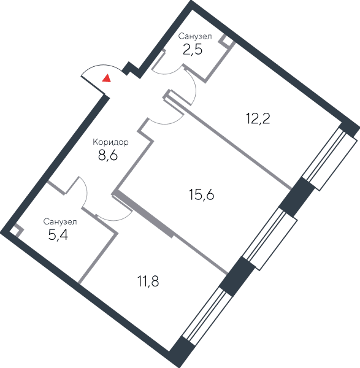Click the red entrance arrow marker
(x=107, y=79)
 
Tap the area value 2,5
(x=193, y=50)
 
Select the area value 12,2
(x=258, y=118)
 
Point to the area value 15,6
(x=201, y=195)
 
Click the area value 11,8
(x=148, y=282)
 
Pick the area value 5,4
(x=58, y=235)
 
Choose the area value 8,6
(x=108, y=155)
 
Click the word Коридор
(x=110, y=142)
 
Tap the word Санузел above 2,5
(x=195, y=36)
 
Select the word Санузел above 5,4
(x=60, y=221)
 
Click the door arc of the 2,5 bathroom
(x=167, y=72)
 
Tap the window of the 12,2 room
(x=329, y=159)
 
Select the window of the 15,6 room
(x=270, y=239)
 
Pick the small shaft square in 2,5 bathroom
(x=226, y=41)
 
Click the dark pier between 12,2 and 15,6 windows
(x=297, y=197)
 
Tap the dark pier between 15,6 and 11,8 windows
(x=237, y=276)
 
